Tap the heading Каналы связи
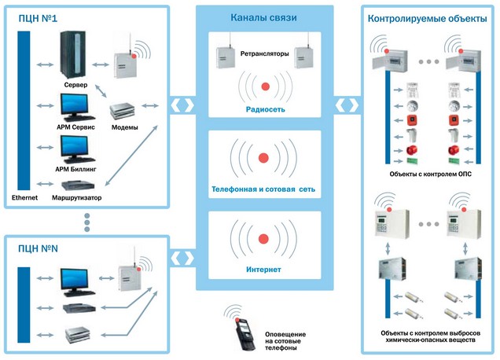tap(263, 17)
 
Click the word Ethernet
tap(25, 197)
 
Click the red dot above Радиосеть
tap(265, 86)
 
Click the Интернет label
tap(263, 270)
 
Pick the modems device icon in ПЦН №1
tap(123, 109)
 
